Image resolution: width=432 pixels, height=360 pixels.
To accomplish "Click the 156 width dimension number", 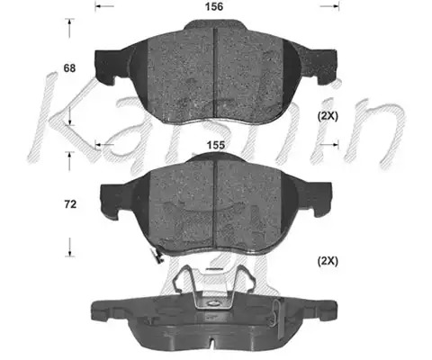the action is pyautogui.click(x=214, y=6).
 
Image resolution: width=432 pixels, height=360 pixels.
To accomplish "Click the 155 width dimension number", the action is pyautogui.click(x=216, y=145).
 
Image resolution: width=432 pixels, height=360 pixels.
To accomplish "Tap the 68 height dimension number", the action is pyautogui.click(x=69, y=68).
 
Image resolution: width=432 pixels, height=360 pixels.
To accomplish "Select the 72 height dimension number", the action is pyautogui.click(x=70, y=204).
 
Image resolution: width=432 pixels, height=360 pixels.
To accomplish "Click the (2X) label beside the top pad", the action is pyautogui.click(x=328, y=116).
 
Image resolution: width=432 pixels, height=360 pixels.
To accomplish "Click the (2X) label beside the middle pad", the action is pyautogui.click(x=328, y=261).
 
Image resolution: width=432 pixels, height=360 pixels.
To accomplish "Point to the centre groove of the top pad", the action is pyautogui.click(x=215, y=71).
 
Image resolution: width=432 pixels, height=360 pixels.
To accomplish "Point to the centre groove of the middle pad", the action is pyautogui.click(x=215, y=204).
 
